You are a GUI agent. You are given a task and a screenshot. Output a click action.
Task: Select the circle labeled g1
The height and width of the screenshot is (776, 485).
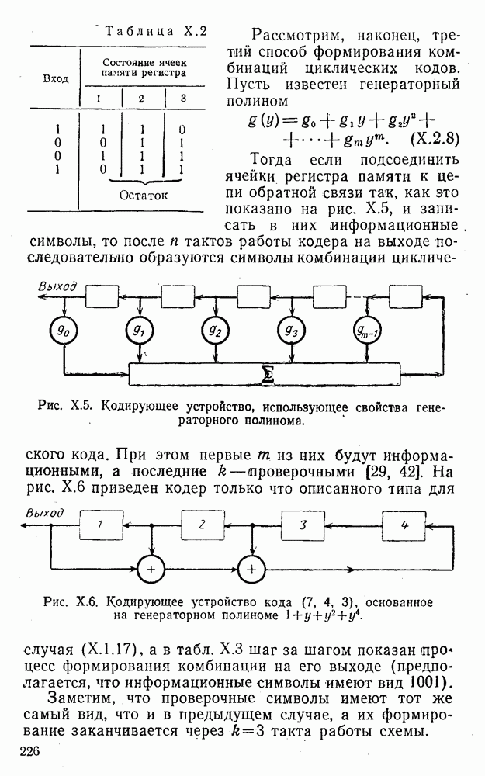140,331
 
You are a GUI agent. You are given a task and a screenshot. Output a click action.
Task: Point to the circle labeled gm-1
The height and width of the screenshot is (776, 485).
368,331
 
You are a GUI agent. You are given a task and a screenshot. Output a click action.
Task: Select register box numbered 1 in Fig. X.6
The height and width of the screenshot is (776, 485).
99,525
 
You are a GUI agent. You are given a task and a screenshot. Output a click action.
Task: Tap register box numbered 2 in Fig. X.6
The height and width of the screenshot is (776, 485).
201,525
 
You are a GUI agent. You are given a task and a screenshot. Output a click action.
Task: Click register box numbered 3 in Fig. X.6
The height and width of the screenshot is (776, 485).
303,525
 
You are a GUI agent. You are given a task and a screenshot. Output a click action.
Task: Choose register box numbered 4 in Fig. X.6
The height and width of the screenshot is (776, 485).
404,525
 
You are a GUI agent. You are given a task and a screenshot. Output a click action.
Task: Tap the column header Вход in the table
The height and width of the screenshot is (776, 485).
54,78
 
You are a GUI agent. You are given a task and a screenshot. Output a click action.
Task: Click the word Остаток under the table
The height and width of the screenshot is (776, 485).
143,196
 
